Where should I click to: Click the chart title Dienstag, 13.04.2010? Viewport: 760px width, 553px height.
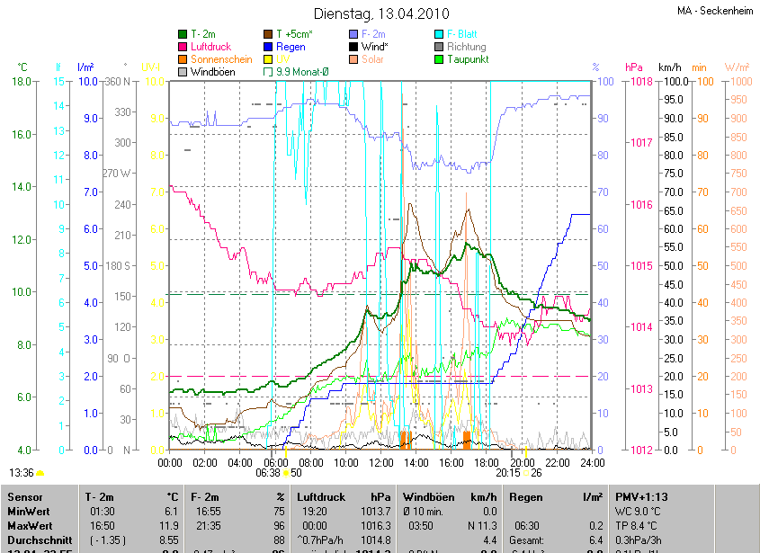pyautogui.click(x=379, y=13)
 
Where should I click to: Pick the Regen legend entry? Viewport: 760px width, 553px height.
pyautogui.click(x=291, y=47)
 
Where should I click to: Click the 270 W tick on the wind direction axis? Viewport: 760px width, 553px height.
pyautogui.click(x=118, y=173)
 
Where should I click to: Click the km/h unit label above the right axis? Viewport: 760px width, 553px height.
pyautogui.click(x=670, y=67)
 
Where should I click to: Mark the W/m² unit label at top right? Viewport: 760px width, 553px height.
pyautogui.click(x=737, y=67)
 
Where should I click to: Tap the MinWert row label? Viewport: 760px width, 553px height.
pyautogui.click(x=28, y=511)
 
